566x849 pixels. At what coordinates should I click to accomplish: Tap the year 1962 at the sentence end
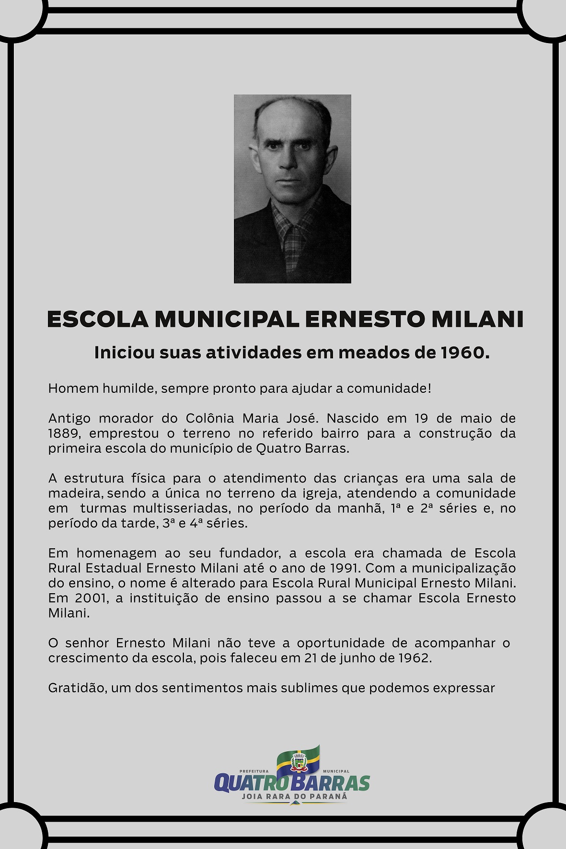click(x=414, y=658)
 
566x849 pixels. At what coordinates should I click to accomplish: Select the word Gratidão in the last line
click(x=77, y=688)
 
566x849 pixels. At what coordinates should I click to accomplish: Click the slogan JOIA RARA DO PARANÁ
click(x=294, y=796)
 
